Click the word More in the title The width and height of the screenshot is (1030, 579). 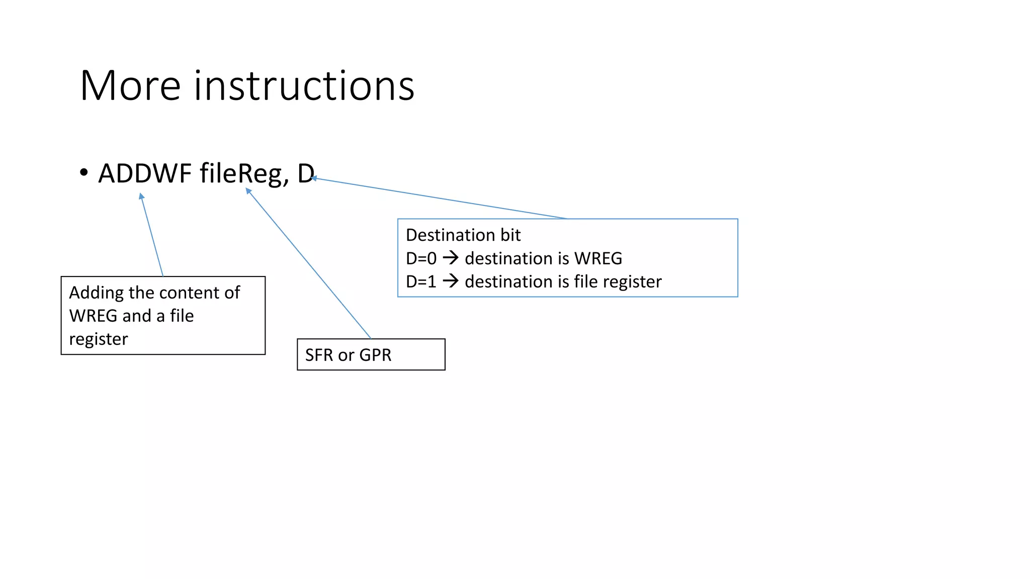(130, 86)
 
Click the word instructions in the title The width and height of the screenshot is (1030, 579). (304, 86)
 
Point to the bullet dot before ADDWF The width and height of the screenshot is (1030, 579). (84, 172)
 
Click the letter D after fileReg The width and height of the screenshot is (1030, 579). (305, 173)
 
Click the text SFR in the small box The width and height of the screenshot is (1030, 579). (319, 355)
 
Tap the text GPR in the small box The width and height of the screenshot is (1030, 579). (375, 355)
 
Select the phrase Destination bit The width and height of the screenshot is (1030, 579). (463, 235)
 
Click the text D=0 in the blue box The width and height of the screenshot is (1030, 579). (421, 258)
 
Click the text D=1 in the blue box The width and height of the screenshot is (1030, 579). (421, 281)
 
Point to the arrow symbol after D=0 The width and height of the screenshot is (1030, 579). (451, 258)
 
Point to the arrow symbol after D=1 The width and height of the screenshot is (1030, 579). (451, 281)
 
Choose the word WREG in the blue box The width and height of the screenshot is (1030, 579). (598, 258)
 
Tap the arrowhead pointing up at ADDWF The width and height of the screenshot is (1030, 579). (141, 197)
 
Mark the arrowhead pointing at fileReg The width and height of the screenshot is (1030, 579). (248, 191)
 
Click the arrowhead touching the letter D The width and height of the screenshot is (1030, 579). (314, 178)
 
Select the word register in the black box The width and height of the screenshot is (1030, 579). (99, 339)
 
